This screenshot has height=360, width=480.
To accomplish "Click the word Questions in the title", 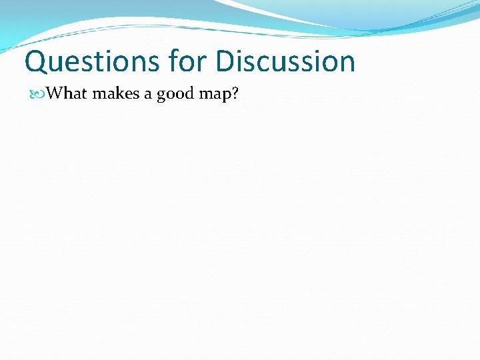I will [x=91, y=61].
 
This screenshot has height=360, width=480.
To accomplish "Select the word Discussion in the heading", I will [x=286, y=61].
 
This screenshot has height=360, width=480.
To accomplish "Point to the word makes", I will [x=115, y=93].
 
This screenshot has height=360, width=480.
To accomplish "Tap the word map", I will [x=214, y=95].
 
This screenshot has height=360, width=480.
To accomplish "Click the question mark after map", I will [x=234, y=93].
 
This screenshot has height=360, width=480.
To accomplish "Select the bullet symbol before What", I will [x=39, y=93].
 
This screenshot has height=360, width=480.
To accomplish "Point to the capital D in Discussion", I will [x=226, y=61].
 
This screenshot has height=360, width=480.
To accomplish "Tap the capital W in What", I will [x=56, y=93].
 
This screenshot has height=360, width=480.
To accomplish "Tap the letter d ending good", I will [x=189, y=93].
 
